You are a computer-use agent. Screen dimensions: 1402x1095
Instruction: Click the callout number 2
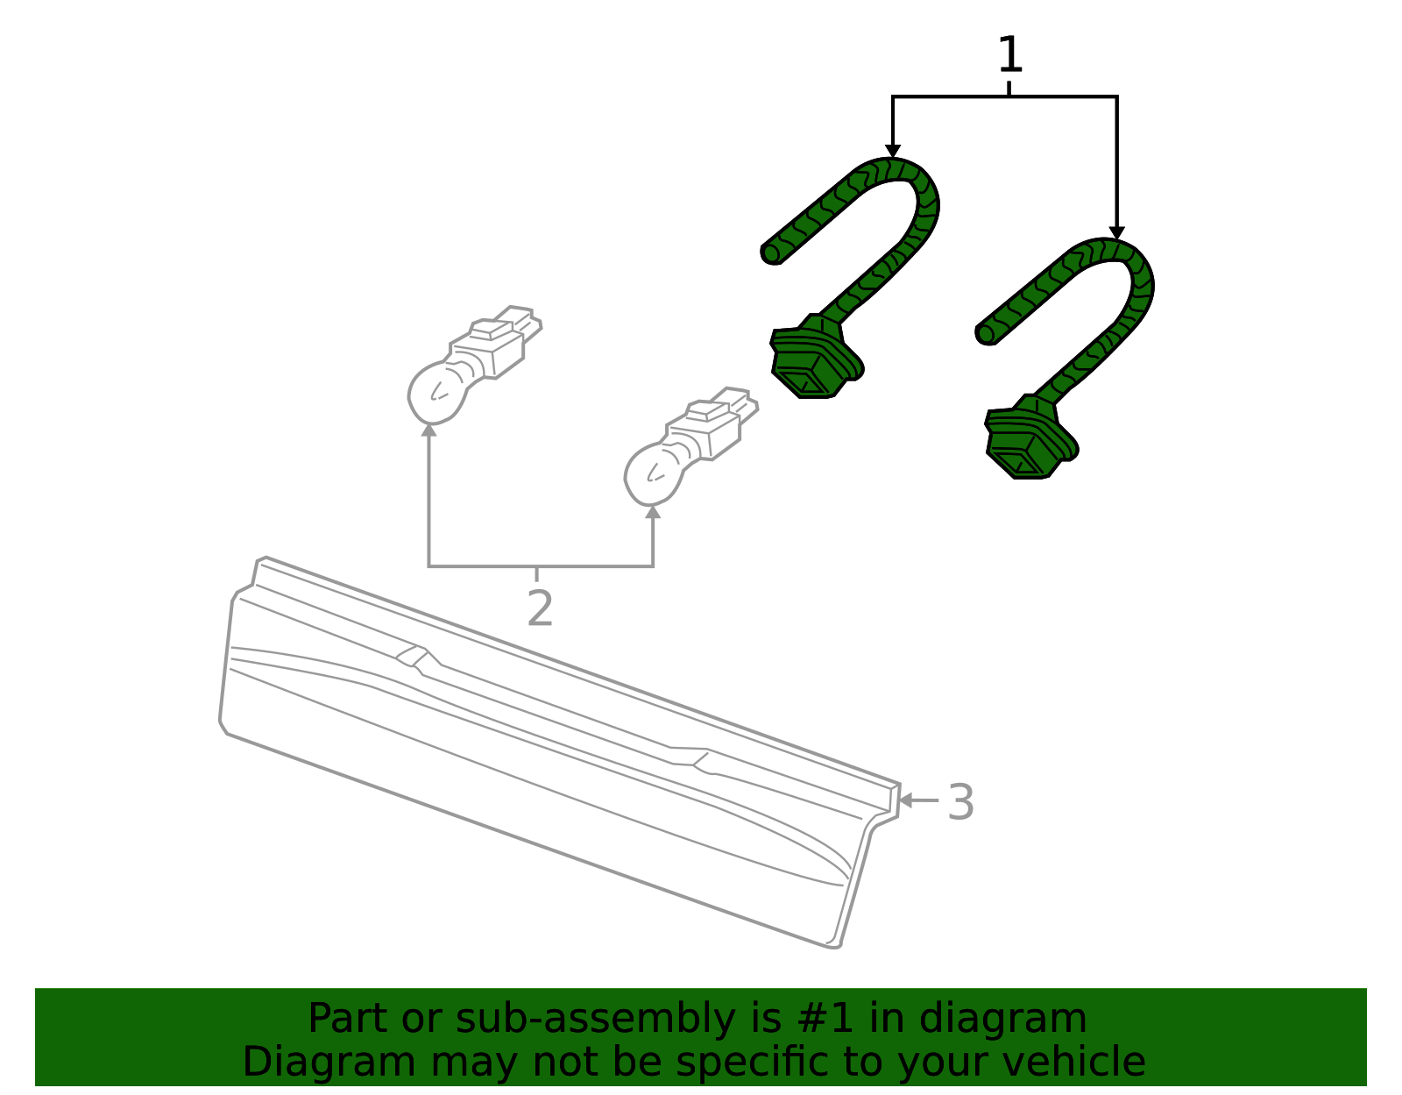coord(540,608)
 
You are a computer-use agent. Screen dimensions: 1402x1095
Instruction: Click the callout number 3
coord(960,802)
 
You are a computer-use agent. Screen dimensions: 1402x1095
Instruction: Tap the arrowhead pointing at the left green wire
coord(892,151)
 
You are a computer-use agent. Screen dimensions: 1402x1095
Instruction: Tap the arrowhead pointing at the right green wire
coord(1117,232)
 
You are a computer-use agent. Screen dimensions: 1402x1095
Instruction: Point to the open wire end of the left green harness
coord(772,253)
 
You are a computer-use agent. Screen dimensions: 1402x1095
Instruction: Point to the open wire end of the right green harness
coord(986,334)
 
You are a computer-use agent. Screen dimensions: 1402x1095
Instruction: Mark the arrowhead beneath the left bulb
coord(429,430)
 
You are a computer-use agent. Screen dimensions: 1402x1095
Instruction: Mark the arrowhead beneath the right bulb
coord(653,511)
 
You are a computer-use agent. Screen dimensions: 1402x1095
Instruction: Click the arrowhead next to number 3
coord(905,800)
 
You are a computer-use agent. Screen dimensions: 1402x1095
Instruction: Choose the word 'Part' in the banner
coord(349,1018)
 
